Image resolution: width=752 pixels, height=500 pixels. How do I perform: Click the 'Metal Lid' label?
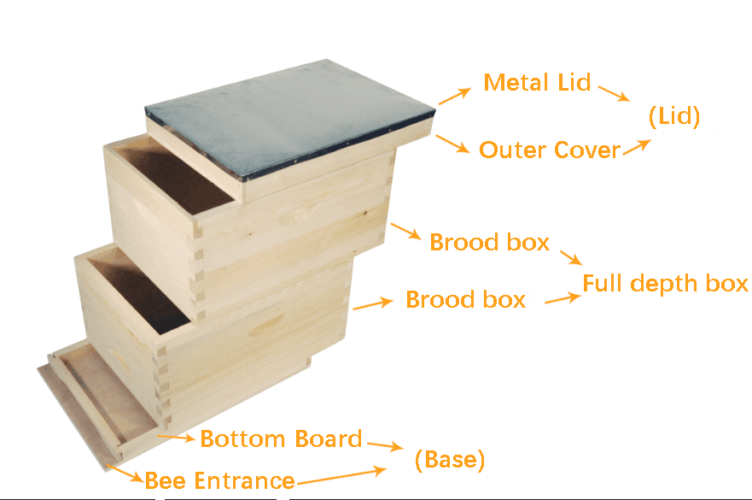tap(537, 83)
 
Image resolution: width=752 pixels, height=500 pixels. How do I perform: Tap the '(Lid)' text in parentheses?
tap(674, 116)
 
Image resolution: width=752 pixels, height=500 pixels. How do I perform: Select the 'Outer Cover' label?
tap(550, 150)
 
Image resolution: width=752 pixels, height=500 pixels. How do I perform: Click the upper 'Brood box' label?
tap(489, 242)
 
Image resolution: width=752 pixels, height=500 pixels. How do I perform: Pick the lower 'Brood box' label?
tap(466, 299)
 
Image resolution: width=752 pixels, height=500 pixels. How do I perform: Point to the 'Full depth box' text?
tap(665, 284)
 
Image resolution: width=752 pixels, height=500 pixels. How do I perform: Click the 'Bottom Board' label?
tap(281, 438)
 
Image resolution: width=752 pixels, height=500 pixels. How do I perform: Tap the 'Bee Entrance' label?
tap(220, 480)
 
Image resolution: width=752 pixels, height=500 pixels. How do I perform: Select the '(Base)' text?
tap(450, 460)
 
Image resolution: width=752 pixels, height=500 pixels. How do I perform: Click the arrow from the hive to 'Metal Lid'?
tap(455, 96)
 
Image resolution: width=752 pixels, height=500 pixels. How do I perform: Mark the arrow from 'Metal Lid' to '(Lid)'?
tap(615, 93)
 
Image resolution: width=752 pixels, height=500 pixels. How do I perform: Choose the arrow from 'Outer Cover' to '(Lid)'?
tap(638, 148)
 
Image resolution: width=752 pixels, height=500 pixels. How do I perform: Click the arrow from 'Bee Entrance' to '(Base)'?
tap(342, 476)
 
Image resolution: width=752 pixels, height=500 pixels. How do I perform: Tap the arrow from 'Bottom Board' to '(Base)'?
tap(386, 445)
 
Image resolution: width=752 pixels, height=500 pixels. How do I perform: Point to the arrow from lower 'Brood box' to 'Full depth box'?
tap(563, 298)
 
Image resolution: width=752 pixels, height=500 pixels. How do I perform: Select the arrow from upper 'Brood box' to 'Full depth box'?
tap(571, 257)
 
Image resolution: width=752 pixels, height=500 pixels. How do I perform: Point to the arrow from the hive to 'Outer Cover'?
tap(452, 144)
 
